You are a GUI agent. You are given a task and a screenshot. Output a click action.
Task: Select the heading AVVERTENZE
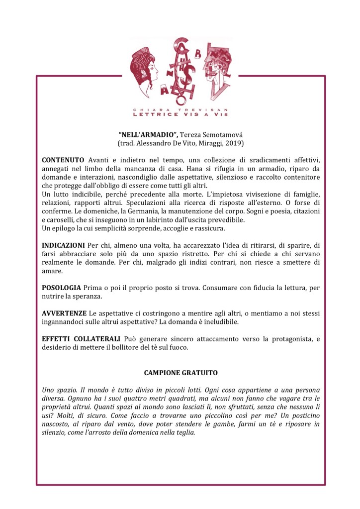tap(64, 314)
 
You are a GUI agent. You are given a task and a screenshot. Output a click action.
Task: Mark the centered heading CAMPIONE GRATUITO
tap(180, 372)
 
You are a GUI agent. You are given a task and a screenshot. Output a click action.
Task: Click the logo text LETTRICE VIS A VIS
tap(180, 114)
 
